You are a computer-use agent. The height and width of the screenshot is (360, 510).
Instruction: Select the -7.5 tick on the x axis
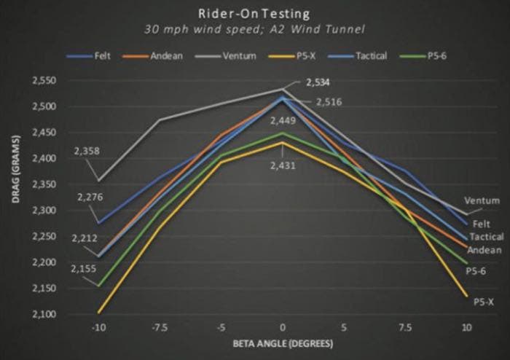[x=160, y=326]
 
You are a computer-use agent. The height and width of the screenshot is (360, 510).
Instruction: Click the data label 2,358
[x=87, y=152]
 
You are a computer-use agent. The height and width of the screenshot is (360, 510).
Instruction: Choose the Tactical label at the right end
[x=486, y=237]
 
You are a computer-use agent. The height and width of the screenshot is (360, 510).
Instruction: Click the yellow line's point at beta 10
[x=467, y=297]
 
